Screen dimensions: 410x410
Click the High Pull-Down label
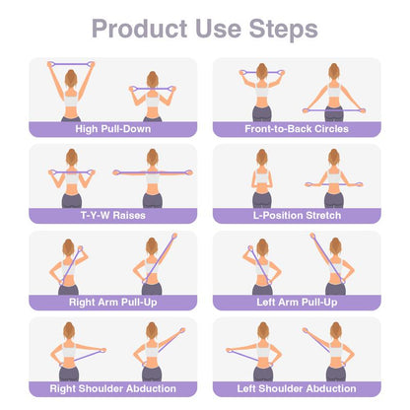click(111, 127)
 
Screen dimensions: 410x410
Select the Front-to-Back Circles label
click(297, 127)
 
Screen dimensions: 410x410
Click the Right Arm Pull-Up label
click(111, 301)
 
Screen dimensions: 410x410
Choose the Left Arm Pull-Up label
click(297, 301)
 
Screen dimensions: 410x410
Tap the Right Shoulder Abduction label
click(111, 387)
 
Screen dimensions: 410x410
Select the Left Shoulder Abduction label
click(297, 387)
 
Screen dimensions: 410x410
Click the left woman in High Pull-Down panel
click(71, 95)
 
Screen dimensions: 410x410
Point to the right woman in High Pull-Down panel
click(152, 99)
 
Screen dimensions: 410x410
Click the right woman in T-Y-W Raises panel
click(152, 182)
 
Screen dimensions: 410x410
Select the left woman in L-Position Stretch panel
click(261, 182)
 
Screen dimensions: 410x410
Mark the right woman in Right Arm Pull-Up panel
click(151, 268)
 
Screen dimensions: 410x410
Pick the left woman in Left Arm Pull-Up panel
click(260, 268)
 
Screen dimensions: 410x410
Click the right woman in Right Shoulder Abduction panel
click(151, 355)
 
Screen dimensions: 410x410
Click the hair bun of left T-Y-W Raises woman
click(71, 152)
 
